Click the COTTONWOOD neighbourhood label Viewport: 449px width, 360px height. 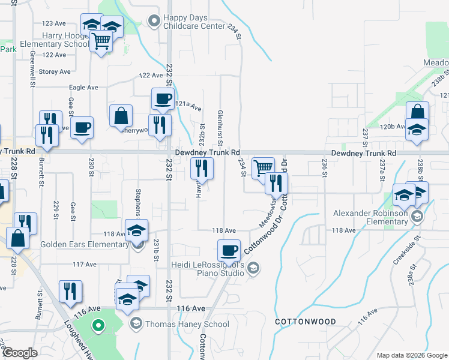305,322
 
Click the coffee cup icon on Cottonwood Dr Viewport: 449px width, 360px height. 229,250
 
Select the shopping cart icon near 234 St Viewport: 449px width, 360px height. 263,168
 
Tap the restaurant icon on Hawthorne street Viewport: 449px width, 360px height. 202,168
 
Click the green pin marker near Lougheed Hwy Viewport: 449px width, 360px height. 97,326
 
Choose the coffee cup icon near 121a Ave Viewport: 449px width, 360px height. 162,99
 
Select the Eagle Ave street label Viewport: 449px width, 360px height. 83,88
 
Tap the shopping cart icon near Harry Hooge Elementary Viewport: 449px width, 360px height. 101,41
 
